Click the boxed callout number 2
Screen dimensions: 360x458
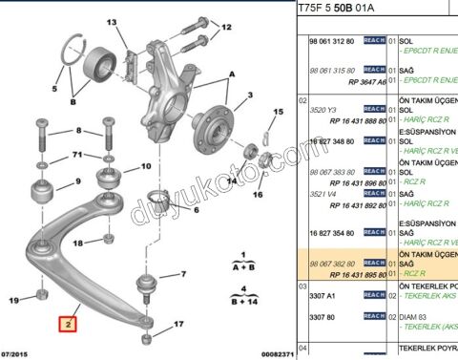[67, 323]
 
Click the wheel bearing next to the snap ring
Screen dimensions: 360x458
[95, 67]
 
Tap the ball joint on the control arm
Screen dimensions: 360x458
[147, 284]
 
